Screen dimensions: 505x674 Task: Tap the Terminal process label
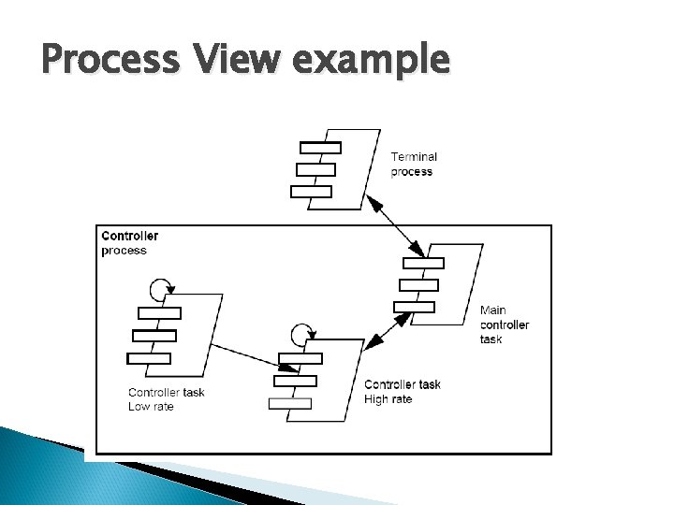[413, 165]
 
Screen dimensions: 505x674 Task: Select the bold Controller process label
[129, 243]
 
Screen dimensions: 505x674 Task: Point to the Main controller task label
[505, 325]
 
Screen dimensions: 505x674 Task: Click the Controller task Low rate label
[165, 399]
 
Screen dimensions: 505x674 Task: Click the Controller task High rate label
[402, 392]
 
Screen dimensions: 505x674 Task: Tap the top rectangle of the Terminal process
[320, 147]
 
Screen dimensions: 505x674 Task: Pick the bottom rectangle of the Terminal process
[312, 192]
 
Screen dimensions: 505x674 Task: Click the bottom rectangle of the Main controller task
[415, 307]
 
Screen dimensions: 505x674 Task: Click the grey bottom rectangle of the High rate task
[290, 403]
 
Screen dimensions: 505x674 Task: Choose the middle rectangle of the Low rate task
[154, 335]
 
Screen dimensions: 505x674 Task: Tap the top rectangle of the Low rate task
[159, 312]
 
